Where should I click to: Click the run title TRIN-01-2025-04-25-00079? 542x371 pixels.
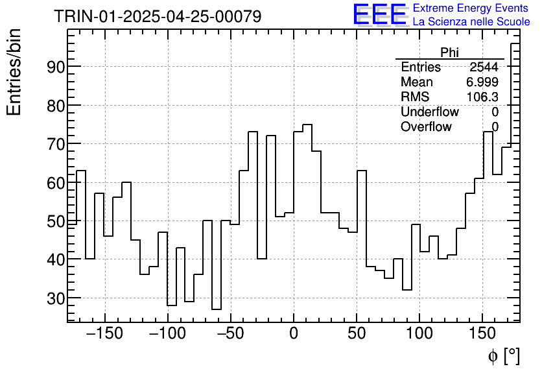(158, 16)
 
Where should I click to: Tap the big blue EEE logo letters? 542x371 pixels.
(379, 14)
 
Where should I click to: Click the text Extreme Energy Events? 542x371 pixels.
(471, 8)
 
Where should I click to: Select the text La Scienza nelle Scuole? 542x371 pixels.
(471, 22)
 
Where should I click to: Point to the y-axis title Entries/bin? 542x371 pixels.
(14, 72)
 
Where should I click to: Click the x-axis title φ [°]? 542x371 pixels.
(504, 356)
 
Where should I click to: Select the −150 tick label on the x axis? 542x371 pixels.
(104, 334)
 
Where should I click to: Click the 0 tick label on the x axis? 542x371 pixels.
(294, 334)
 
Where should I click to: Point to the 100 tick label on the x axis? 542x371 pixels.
(419, 334)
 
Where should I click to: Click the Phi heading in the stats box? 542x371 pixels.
(449, 53)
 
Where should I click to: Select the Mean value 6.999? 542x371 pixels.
(482, 82)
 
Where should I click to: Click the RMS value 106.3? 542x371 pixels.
(482, 97)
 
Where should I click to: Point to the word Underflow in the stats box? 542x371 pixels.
(430, 112)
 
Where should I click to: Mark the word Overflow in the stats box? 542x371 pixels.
(426, 127)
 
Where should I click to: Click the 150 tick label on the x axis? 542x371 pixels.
(482, 334)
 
